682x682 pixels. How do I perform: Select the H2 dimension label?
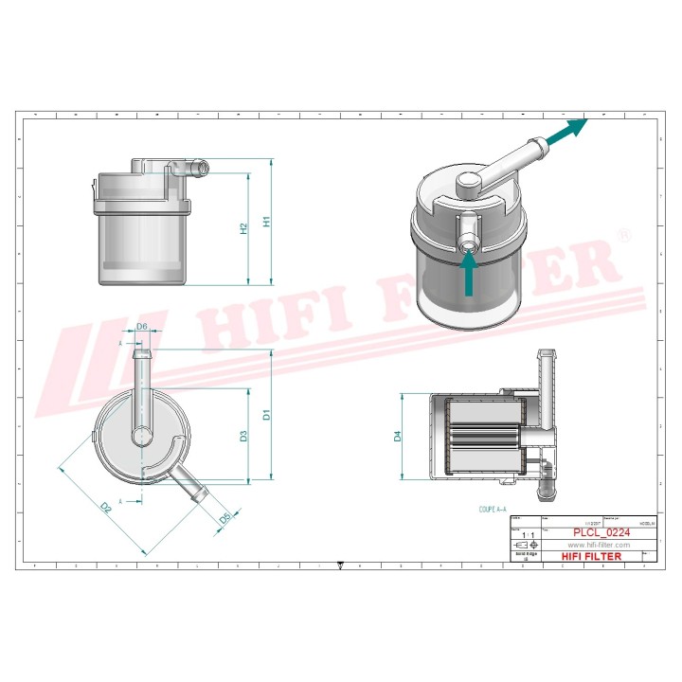(x=243, y=228)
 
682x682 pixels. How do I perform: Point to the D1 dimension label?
(x=267, y=414)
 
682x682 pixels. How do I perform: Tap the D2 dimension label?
(x=106, y=508)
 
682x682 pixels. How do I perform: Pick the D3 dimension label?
(x=243, y=436)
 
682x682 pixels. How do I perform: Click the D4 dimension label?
(x=399, y=437)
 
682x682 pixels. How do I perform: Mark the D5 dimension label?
(x=224, y=518)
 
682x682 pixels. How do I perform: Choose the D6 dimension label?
(x=142, y=327)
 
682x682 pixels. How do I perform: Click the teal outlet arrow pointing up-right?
(x=565, y=134)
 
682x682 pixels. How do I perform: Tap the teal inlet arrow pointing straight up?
(x=468, y=276)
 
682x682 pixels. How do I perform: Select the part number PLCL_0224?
(x=599, y=534)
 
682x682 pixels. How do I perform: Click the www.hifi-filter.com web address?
(x=599, y=546)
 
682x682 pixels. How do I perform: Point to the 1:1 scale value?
(x=525, y=535)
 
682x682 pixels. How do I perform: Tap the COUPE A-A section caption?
(x=499, y=509)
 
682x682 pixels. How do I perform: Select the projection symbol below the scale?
(x=521, y=547)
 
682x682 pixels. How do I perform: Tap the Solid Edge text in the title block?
(x=525, y=555)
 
